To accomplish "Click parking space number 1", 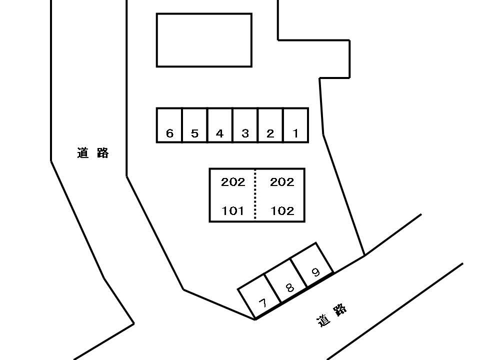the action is point(295,125).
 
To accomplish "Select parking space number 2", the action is point(270,125).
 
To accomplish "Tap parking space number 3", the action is point(245,125).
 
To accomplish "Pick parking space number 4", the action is point(220,125).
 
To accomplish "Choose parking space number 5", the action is point(194,125).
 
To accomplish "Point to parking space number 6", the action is point(169,125).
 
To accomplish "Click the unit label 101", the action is point(232,211).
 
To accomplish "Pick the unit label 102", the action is point(282,211).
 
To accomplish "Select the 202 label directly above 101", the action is point(233,182).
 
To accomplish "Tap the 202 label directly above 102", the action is point(282,182).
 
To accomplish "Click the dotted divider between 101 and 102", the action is point(255,194).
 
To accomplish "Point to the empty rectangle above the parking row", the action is point(204,40).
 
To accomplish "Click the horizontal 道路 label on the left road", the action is point(93,153).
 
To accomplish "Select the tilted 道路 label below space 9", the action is point(331,315).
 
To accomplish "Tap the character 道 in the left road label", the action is point(82,153).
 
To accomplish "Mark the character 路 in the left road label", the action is point(102,153).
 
